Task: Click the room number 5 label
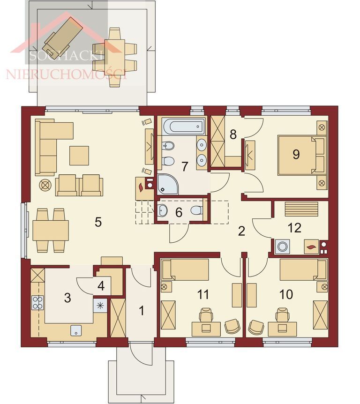98,222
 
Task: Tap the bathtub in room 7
184,126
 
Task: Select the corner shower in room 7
168,184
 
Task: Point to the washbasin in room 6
162,210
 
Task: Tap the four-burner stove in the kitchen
37,302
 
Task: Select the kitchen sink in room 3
76,330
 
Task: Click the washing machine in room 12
283,247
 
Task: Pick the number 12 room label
294,227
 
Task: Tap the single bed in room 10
303,270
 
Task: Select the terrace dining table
114,54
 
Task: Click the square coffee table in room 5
79,155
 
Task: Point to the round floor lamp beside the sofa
45,185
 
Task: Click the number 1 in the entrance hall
142,310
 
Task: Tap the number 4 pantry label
101,286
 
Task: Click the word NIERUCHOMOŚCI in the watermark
66,74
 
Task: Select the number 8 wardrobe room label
233,135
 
